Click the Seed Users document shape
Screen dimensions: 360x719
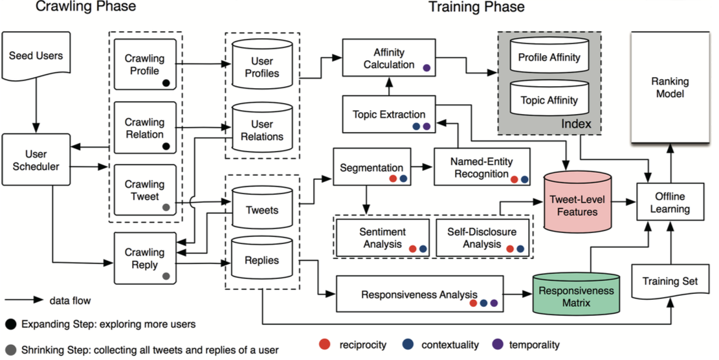tap(36, 59)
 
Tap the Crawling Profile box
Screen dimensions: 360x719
tap(144, 65)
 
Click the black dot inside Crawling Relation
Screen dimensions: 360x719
tap(166, 146)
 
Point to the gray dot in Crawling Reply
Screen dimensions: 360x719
tap(166, 276)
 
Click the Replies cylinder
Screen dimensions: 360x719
tap(261, 260)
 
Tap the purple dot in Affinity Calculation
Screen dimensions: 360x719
tap(426, 67)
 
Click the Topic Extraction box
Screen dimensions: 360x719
tap(388, 115)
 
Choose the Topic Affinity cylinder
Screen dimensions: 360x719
tap(549, 99)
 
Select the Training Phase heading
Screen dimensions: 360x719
tap(476, 8)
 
